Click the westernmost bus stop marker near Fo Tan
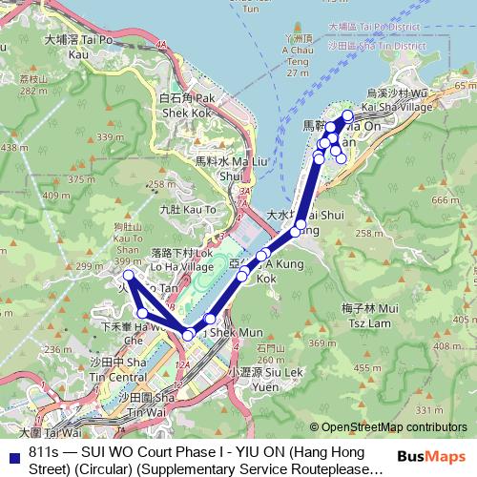[x=129, y=276]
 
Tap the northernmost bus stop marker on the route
[x=347, y=115]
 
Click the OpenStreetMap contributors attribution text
[x=394, y=427]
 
